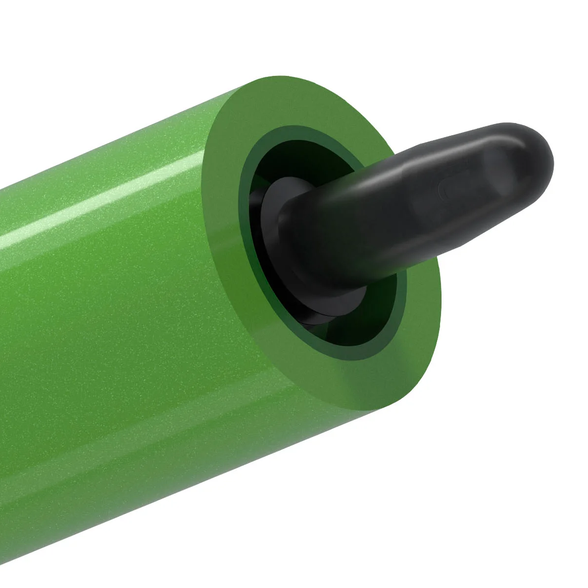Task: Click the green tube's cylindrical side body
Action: tap(122, 343)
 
